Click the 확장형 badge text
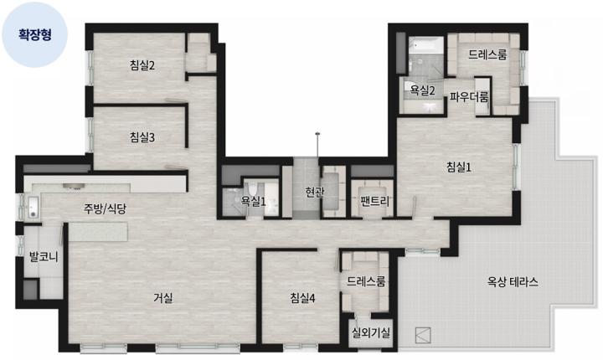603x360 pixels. (x=35, y=34)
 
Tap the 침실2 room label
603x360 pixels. (x=142, y=65)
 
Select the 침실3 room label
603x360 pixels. (x=142, y=137)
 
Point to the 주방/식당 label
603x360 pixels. (x=105, y=208)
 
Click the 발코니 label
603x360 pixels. (x=44, y=256)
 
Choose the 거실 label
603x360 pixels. (x=163, y=297)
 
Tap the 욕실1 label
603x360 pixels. (x=253, y=201)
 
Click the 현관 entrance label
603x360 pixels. (x=315, y=192)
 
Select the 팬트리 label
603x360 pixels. (x=375, y=201)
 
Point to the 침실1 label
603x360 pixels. (x=459, y=167)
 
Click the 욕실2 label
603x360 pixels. (x=422, y=90)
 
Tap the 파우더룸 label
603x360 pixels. (x=469, y=96)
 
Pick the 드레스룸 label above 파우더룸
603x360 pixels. (x=487, y=54)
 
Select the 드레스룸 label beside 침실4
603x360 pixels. (x=366, y=281)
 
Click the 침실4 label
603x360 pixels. (x=302, y=298)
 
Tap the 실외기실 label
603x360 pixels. (x=371, y=332)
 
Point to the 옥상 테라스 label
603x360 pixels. (x=513, y=282)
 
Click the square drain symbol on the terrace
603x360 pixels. (x=423, y=336)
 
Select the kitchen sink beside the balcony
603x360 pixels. (x=33, y=207)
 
